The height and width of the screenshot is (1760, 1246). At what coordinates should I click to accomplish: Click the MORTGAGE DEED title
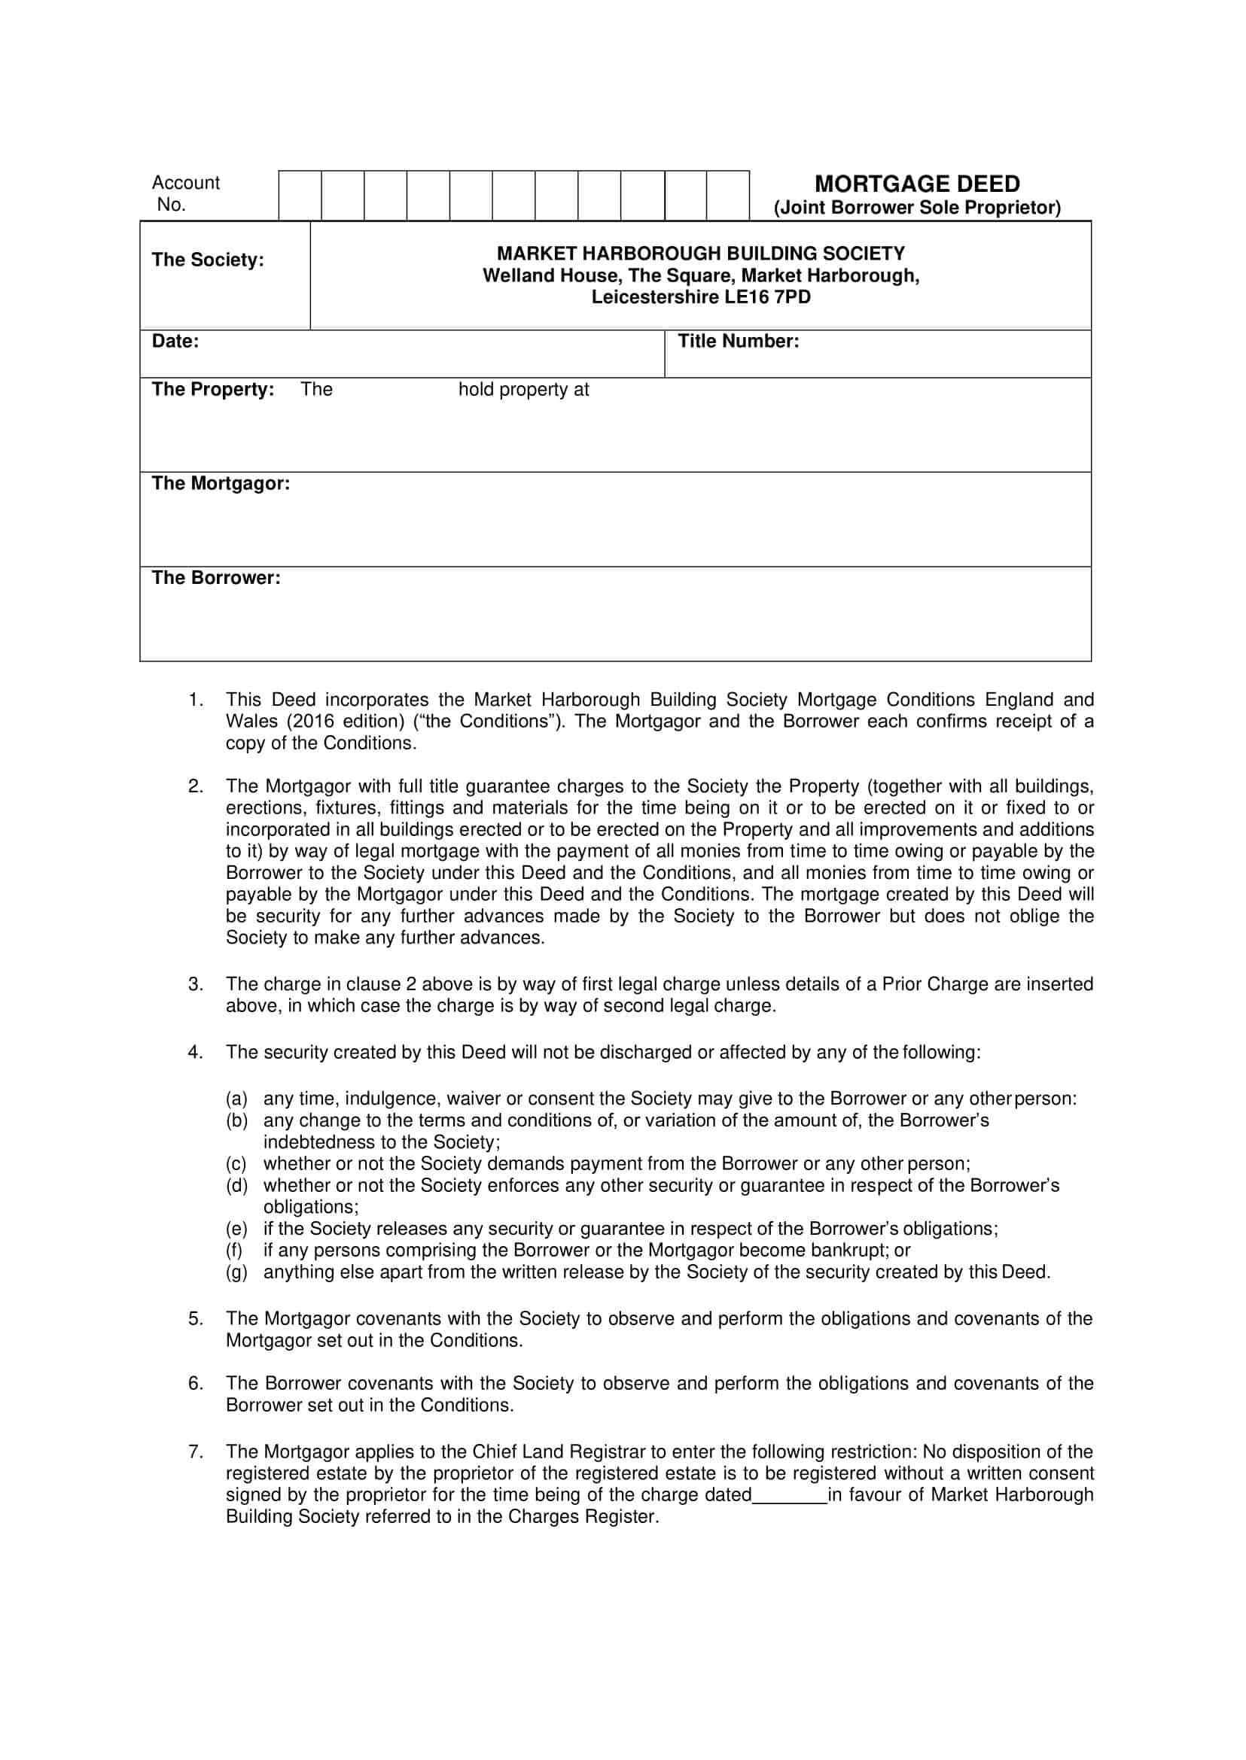pos(917,184)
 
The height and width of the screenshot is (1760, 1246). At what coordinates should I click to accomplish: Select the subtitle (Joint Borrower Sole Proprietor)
pos(917,208)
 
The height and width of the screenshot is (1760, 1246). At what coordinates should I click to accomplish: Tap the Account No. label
pos(185,193)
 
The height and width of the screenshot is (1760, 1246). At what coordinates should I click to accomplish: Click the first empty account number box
pos(300,196)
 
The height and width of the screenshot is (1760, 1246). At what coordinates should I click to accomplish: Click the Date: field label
pos(175,342)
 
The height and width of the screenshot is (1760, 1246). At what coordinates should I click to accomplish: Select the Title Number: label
pos(737,342)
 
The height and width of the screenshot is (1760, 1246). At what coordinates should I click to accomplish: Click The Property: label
pos(212,390)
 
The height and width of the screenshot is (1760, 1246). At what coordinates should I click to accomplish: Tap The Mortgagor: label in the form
pos(220,483)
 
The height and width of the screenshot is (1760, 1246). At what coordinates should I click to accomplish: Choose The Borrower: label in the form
pos(215,577)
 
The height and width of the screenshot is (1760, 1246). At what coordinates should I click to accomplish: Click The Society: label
pos(207,260)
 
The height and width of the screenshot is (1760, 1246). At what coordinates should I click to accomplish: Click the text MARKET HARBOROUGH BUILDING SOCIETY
pos(700,253)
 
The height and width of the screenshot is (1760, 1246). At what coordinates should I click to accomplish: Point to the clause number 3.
pos(195,984)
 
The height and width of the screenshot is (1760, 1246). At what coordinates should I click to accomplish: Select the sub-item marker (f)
pos(234,1250)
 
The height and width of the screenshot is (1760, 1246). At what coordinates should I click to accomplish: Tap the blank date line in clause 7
pos(790,1494)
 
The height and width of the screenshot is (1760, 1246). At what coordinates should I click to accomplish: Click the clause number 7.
pos(195,1451)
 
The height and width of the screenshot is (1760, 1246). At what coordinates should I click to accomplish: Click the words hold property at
pos(523,390)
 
